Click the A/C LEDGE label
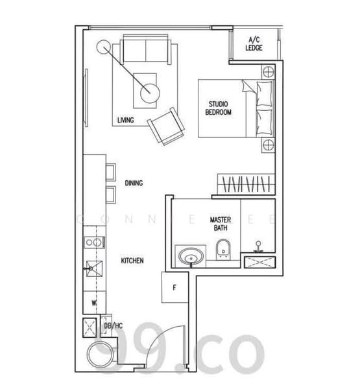254,43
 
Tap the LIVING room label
126,120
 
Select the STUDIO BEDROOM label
218,108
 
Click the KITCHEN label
132,261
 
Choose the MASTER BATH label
221,224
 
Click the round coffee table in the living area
149,93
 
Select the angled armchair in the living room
167,125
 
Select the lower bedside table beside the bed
267,145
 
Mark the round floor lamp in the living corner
102,47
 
